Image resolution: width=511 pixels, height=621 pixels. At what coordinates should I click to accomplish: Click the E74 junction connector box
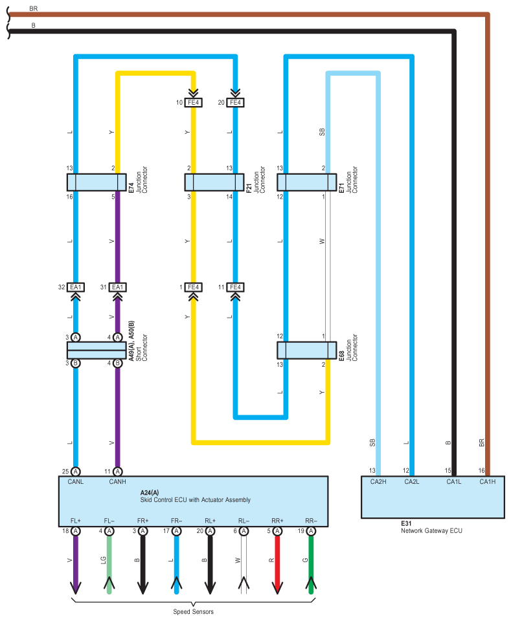(x=97, y=182)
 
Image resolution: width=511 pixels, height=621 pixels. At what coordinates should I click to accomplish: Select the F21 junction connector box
(x=214, y=182)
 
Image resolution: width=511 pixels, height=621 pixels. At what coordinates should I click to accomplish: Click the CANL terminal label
(x=76, y=481)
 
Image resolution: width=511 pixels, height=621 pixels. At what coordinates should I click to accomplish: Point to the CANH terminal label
(x=118, y=481)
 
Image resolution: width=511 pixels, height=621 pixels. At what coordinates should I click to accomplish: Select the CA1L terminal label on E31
(x=455, y=481)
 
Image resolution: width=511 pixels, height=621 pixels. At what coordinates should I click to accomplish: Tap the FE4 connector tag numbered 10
(x=194, y=102)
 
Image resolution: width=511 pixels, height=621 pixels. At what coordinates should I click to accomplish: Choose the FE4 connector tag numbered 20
(x=235, y=102)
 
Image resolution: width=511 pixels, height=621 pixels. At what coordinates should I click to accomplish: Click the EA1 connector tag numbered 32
(x=76, y=287)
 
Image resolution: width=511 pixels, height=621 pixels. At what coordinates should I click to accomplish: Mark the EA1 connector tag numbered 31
(x=118, y=287)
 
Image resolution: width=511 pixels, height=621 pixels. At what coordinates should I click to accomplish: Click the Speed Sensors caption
(x=193, y=612)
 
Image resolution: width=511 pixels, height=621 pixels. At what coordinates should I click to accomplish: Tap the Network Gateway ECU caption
(x=431, y=530)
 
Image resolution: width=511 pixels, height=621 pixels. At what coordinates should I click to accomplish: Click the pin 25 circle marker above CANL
(x=76, y=471)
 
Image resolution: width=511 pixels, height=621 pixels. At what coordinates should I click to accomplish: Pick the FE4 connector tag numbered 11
(x=235, y=287)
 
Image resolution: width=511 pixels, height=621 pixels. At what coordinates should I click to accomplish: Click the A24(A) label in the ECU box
(x=150, y=492)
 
